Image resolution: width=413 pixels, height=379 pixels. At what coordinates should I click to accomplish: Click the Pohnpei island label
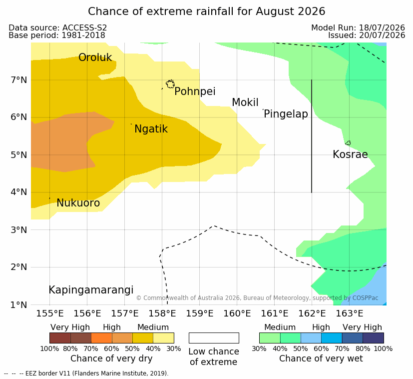195,92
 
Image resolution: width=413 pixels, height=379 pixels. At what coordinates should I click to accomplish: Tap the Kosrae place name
350,154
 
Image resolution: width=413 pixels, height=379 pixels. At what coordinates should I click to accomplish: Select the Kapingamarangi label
91,290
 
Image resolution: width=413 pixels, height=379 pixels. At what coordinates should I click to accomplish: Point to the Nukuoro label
78,203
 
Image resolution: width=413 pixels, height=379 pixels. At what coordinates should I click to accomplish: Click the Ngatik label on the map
151,129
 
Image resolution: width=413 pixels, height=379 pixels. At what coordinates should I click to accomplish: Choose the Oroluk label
95,57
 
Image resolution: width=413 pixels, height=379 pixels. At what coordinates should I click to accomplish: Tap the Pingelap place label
286,114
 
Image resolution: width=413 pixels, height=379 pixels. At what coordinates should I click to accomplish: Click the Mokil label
245,102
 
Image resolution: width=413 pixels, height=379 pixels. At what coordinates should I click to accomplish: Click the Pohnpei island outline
170,84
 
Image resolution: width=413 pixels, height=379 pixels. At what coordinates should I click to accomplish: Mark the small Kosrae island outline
348,143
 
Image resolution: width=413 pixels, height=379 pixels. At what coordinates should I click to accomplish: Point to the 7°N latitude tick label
19,80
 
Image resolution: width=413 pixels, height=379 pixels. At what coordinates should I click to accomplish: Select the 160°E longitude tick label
237,313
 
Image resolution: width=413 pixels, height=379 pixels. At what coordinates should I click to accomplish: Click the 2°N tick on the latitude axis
19,267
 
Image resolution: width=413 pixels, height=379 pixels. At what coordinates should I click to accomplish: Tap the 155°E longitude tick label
50,313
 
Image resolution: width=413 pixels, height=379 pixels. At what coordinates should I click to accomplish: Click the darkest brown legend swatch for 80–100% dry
60,338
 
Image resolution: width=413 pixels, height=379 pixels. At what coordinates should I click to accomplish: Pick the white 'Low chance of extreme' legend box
214,338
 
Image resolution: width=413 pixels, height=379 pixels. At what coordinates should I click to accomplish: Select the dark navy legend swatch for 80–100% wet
373,338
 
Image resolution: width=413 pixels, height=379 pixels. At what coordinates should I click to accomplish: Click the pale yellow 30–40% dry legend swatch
164,338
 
